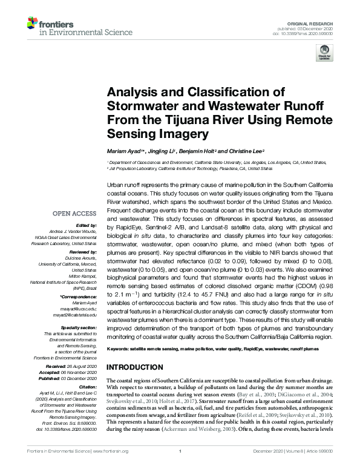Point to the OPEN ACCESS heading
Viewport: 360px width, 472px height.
point(74,213)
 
